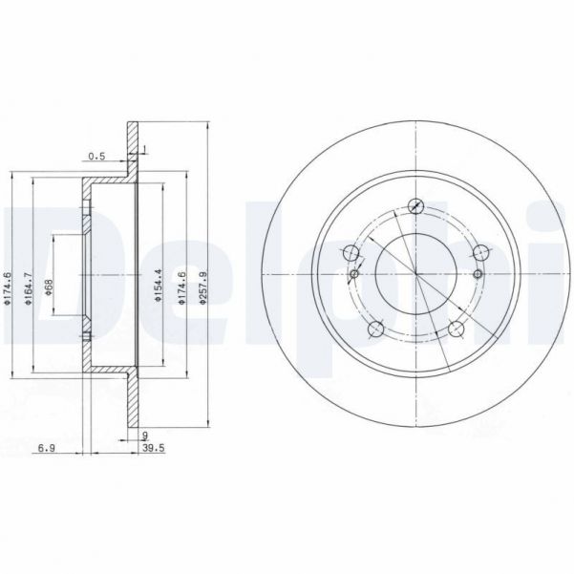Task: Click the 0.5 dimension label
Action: tap(96, 156)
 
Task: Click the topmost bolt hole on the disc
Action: tap(415, 204)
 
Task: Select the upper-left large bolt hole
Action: tap(351, 253)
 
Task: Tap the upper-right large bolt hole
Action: tap(480, 253)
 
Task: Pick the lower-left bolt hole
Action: tap(375, 330)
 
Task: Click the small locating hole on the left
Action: tap(354, 275)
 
